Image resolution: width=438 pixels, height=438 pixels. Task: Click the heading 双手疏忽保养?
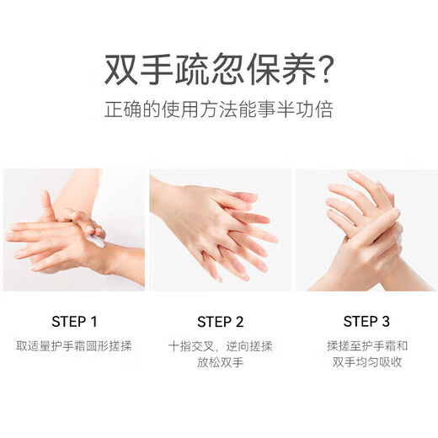pyautogui.click(x=218, y=70)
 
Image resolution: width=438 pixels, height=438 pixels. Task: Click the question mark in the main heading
pyautogui.click(x=321, y=70)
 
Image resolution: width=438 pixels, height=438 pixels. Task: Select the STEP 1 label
pyautogui.click(x=74, y=321)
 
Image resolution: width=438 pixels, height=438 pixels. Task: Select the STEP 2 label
pyautogui.click(x=220, y=321)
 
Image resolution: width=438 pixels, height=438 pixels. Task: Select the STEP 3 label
pyautogui.click(x=366, y=321)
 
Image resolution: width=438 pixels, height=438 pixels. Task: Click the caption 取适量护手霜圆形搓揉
pyautogui.click(x=74, y=346)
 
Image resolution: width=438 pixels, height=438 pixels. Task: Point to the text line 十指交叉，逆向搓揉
pyautogui.click(x=220, y=346)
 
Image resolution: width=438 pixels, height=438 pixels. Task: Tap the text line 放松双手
pyautogui.click(x=220, y=364)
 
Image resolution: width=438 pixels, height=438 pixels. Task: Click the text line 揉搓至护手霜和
pyautogui.click(x=366, y=346)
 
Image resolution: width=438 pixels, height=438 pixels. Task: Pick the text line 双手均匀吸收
pyautogui.click(x=366, y=364)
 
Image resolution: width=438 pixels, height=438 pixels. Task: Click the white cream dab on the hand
pyautogui.click(x=97, y=241)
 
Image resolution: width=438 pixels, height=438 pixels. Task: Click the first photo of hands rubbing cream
pyautogui.click(x=73, y=229)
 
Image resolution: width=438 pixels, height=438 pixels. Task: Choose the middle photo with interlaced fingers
pyautogui.click(x=220, y=229)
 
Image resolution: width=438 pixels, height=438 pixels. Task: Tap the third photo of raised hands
pyautogui.click(x=366, y=229)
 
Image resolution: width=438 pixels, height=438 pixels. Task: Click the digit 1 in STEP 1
pyautogui.click(x=93, y=321)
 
